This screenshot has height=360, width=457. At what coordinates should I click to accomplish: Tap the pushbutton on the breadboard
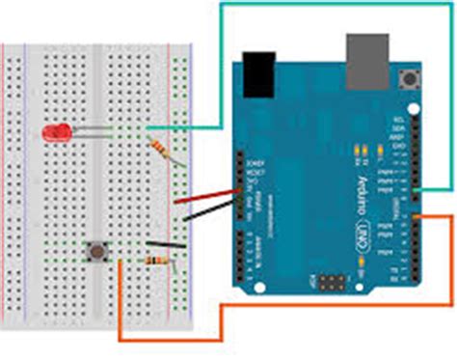(x=96, y=253)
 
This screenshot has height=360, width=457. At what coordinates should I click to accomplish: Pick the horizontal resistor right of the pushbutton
(x=157, y=261)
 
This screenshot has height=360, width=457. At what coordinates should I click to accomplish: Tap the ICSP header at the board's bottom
(x=330, y=285)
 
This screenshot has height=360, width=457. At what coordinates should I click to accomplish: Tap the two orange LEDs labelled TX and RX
(x=363, y=150)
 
